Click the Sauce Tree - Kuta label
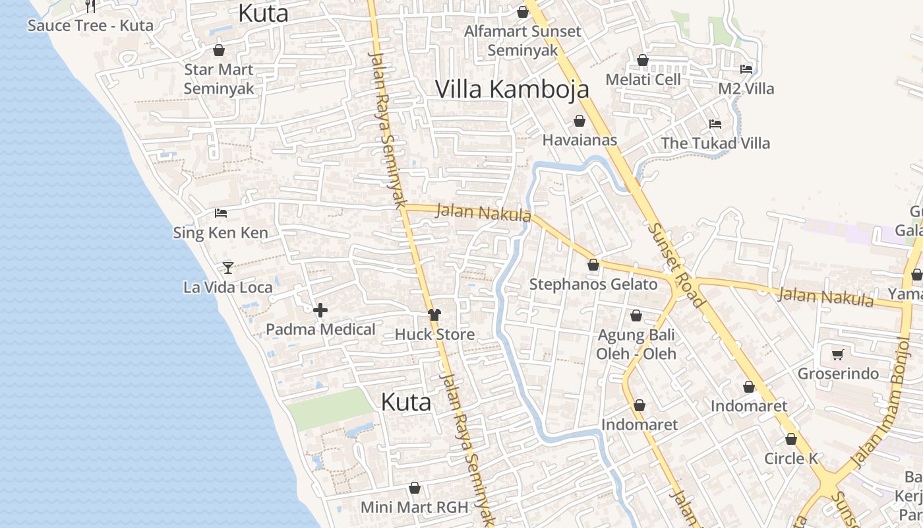tap(90, 26)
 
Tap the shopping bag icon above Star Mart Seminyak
tap(219, 50)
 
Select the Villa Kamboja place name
tap(512, 89)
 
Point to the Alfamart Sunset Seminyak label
tap(523, 40)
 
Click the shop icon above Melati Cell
tap(643, 61)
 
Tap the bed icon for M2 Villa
tap(746, 69)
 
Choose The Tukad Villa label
tap(715, 143)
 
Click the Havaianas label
tap(580, 140)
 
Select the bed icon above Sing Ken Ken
tap(221, 213)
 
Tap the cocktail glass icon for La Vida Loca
tap(228, 267)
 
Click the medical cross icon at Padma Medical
tap(320, 310)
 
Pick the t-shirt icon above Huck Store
tap(434, 315)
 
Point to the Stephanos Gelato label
tap(593, 284)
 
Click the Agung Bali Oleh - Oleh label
tap(636, 345)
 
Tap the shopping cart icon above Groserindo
tap(838, 355)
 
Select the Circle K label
tap(791, 459)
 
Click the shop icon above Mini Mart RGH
tap(415, 488)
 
